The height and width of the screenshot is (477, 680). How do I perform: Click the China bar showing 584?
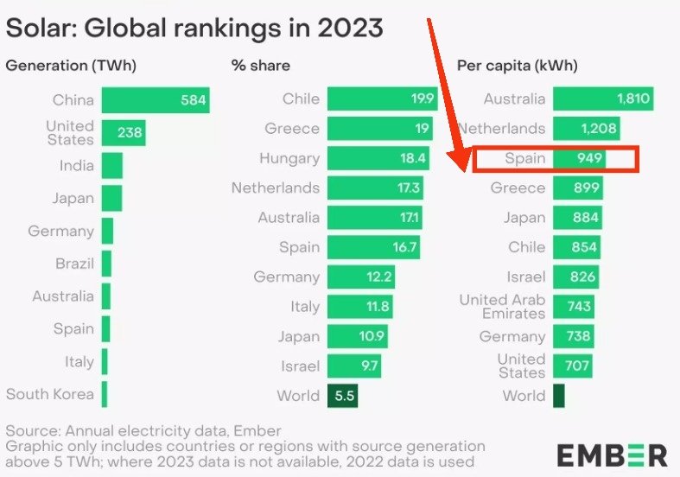156,100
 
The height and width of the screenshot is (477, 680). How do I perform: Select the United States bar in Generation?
123,133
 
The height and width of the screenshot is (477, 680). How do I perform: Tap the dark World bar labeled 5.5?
342,396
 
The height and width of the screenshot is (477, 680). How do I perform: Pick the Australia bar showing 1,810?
602,99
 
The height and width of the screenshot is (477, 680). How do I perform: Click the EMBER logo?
612,455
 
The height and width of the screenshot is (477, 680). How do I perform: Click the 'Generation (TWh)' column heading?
71,66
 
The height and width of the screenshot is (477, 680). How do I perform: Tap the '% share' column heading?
260,66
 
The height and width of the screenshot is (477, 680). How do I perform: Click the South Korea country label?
50,394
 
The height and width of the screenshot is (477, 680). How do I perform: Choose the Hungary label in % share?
289,158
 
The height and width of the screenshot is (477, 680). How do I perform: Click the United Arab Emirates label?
502,306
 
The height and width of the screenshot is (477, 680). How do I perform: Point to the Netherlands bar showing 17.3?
375,188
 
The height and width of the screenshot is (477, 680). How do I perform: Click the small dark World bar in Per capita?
558,396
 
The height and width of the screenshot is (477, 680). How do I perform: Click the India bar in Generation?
111,165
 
